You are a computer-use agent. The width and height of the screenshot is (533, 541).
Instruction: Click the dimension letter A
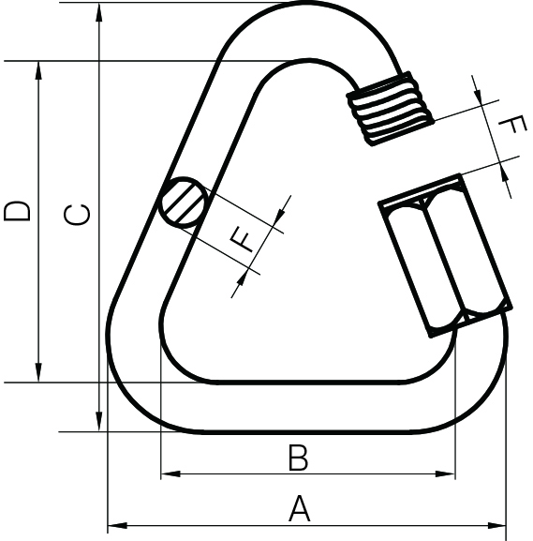[298, 509]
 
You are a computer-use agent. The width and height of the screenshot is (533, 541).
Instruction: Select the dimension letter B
[297, 458]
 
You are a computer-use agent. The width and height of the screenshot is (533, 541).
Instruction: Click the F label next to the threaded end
[510, 128]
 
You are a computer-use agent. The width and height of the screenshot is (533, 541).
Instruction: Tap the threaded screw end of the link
[391, 108]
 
